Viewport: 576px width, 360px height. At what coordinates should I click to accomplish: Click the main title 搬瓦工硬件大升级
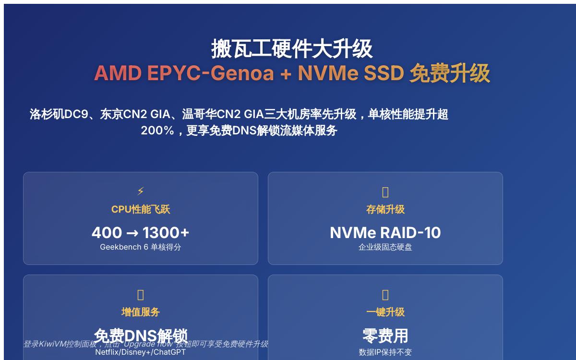[292, 48]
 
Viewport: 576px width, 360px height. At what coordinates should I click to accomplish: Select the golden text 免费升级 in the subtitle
[449, 73]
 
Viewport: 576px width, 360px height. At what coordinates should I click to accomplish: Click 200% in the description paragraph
[157, 131]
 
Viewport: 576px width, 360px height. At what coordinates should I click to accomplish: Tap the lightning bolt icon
[141, 192]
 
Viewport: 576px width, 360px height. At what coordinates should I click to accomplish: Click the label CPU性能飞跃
[141, 209]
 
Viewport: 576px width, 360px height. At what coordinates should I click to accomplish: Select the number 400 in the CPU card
[107, 233]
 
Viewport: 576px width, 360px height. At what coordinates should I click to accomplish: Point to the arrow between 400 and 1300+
[132, 233]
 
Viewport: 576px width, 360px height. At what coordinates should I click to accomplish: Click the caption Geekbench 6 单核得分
[141, 247]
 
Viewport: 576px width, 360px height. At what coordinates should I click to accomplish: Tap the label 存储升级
[385, 209]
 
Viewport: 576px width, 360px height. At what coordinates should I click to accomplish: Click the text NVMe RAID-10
[385, 233]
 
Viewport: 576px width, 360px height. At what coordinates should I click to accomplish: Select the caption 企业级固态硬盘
[385, 247]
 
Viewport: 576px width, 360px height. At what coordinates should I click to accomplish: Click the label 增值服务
[141, 312]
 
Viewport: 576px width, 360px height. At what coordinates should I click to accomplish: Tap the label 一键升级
[385, 312]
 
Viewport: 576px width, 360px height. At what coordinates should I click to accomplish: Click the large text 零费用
[385, 336]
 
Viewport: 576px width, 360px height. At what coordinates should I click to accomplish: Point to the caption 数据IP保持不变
[385, 352]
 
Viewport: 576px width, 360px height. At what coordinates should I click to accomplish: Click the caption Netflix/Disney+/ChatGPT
[141, 352]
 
